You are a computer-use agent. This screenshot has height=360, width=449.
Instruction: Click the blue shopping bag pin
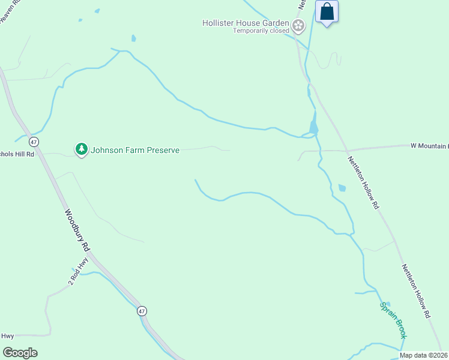tap(327, 11)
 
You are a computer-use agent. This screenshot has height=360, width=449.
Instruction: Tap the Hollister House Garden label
tap(246, 23)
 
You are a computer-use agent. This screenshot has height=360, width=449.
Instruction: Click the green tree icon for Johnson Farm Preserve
tap(81, 149)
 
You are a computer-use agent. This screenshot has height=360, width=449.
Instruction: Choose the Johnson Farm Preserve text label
tap(135, 150)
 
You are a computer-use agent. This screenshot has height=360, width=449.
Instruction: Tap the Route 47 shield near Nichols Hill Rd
tap(34, 142)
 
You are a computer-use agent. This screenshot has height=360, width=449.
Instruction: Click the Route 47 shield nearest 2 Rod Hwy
tap(142, 311)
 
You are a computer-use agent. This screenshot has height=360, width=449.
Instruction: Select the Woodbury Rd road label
tap(77, 230)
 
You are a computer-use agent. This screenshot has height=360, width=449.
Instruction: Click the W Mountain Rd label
tap(429, 146)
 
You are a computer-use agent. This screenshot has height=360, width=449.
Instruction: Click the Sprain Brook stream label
tap(393, 320)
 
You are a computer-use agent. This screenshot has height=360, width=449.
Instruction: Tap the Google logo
tap(20, 353)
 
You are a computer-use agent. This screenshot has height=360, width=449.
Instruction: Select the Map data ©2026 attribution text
tap(423, 355)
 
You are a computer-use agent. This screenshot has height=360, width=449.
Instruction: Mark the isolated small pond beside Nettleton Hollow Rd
tap(342, 188)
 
